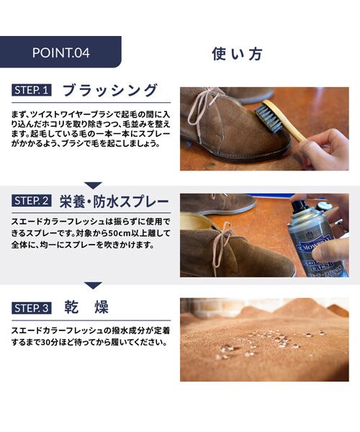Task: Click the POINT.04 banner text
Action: [61, 53]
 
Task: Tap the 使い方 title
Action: [237, 53]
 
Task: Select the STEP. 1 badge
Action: [32, 91]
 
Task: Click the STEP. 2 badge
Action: [32, 201]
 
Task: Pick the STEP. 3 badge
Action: [32, 308]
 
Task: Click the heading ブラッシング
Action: [110, 90]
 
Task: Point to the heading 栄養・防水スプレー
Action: [114, 202]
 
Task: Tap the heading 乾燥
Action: [86, 307]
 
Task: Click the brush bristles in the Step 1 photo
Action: [267, 119]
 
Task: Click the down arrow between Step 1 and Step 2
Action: [93, 185]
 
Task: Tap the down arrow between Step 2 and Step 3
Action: [93, 285]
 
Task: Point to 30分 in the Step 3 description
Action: [49, 343]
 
